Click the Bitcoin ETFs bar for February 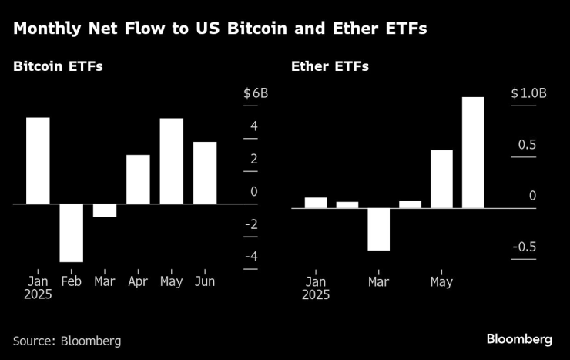72,233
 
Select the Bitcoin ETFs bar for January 38,160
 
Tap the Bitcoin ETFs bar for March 105,210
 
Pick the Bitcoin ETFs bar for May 171,161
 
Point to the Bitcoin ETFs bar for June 205,173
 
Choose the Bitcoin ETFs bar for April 138,180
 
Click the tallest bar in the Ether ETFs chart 473,153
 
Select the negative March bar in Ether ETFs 378,229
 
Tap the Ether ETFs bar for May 441,179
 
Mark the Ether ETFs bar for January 316,203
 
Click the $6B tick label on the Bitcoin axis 256,94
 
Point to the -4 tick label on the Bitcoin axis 251,257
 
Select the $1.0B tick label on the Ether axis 528,94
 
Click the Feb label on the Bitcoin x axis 71,281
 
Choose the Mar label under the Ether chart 378,281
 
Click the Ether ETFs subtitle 330,66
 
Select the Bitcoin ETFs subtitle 58,66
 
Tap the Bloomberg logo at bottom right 519,339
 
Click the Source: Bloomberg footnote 67,340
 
